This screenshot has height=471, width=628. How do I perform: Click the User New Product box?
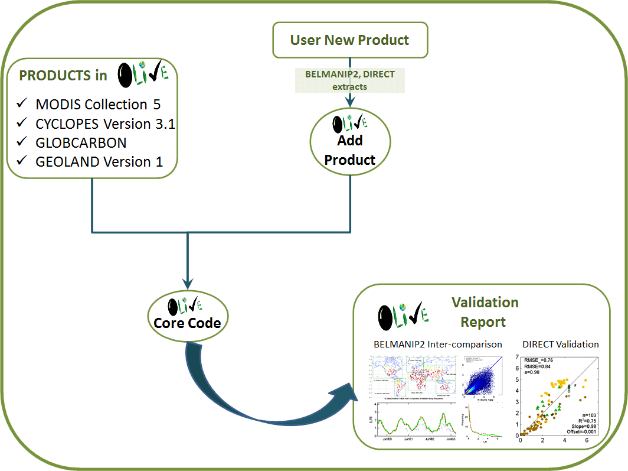[349, 40]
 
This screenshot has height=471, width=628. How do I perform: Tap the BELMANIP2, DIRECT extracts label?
[350, 80]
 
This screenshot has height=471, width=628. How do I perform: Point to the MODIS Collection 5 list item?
[97, 105]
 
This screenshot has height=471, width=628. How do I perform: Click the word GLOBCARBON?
[81, 142]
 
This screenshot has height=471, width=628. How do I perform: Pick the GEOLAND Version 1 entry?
[99, 161]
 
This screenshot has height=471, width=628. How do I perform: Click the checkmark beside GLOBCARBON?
[23, 142]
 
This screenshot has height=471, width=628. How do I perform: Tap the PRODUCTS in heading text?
[63, 75]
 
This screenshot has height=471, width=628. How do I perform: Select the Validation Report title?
[484, 312]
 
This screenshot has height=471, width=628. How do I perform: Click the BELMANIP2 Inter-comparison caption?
[438, 344]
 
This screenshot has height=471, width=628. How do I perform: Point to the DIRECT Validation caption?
[561, 344]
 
